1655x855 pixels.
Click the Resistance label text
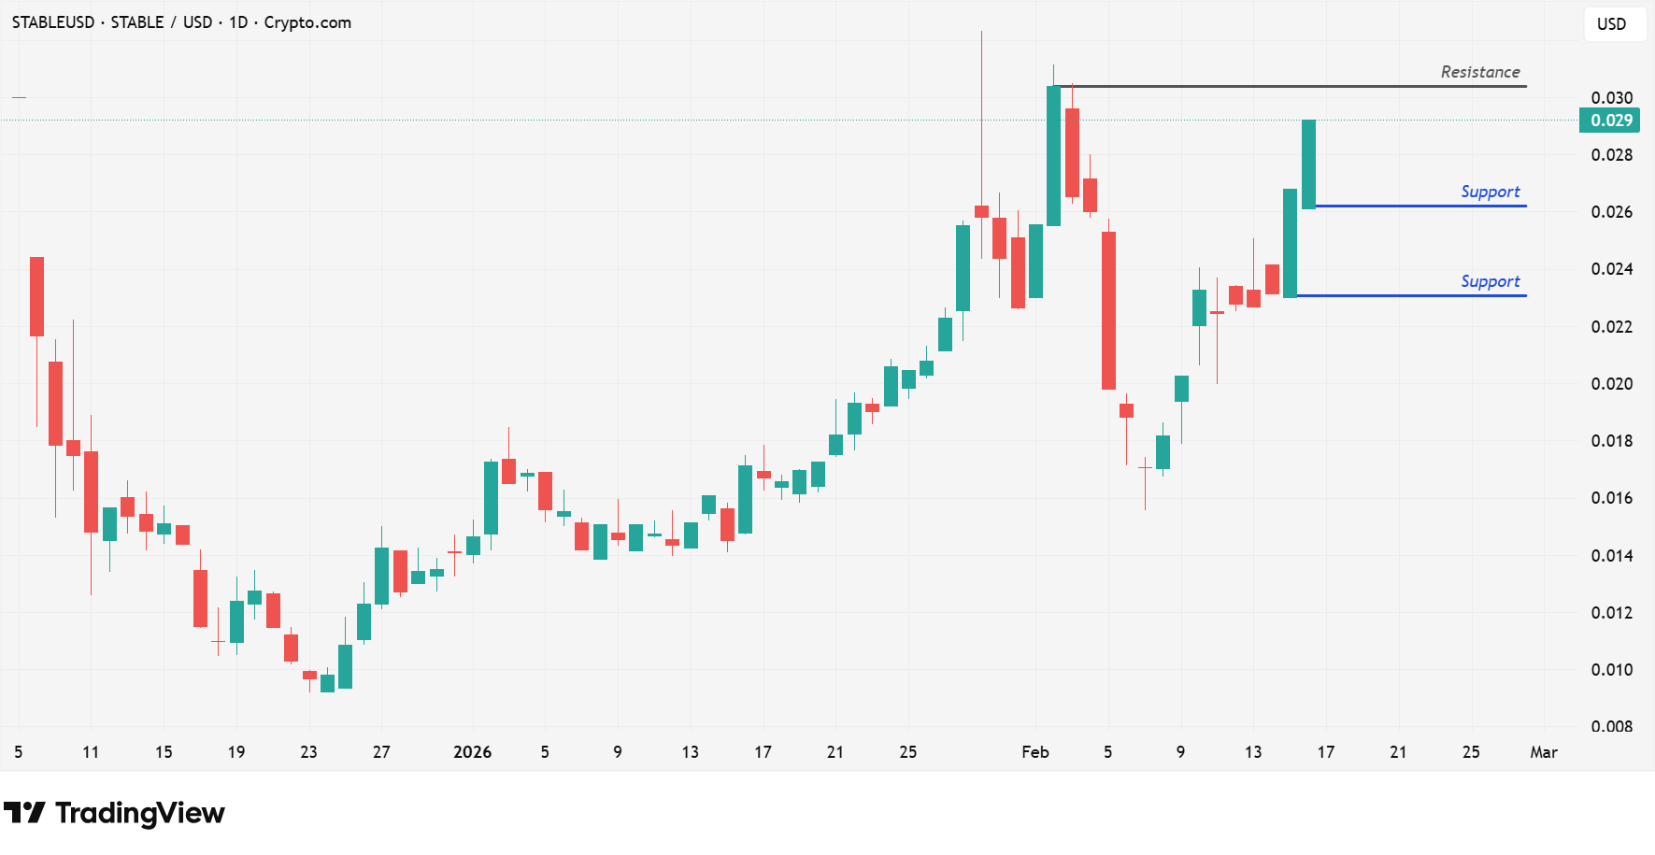coord(1479,72)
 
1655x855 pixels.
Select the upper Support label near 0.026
coord(1490,192)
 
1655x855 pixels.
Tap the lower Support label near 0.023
coord(1490,281)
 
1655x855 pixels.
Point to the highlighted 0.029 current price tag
coord(1609,121)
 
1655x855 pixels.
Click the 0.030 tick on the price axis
coord(1611,98)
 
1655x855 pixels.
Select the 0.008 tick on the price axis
coord(1611,726)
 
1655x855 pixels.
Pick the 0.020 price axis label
coord(1611,383)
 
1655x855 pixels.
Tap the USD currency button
coord(1611,24)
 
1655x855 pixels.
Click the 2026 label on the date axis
coord(472,752)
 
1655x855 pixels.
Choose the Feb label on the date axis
coord(1034,752)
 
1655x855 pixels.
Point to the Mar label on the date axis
coord(1543,752)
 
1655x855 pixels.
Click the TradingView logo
coord(114,813)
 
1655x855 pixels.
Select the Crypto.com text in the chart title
coord(307,22)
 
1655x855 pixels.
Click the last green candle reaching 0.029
coord(1308,164)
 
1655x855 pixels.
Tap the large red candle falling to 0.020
coord(1108,310)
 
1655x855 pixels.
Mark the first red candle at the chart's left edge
coord(36,296)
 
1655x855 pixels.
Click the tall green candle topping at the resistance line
coord(1053,155)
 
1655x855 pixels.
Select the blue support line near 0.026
coord(1420,206)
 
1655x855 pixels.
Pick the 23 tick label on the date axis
coord(308,752)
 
